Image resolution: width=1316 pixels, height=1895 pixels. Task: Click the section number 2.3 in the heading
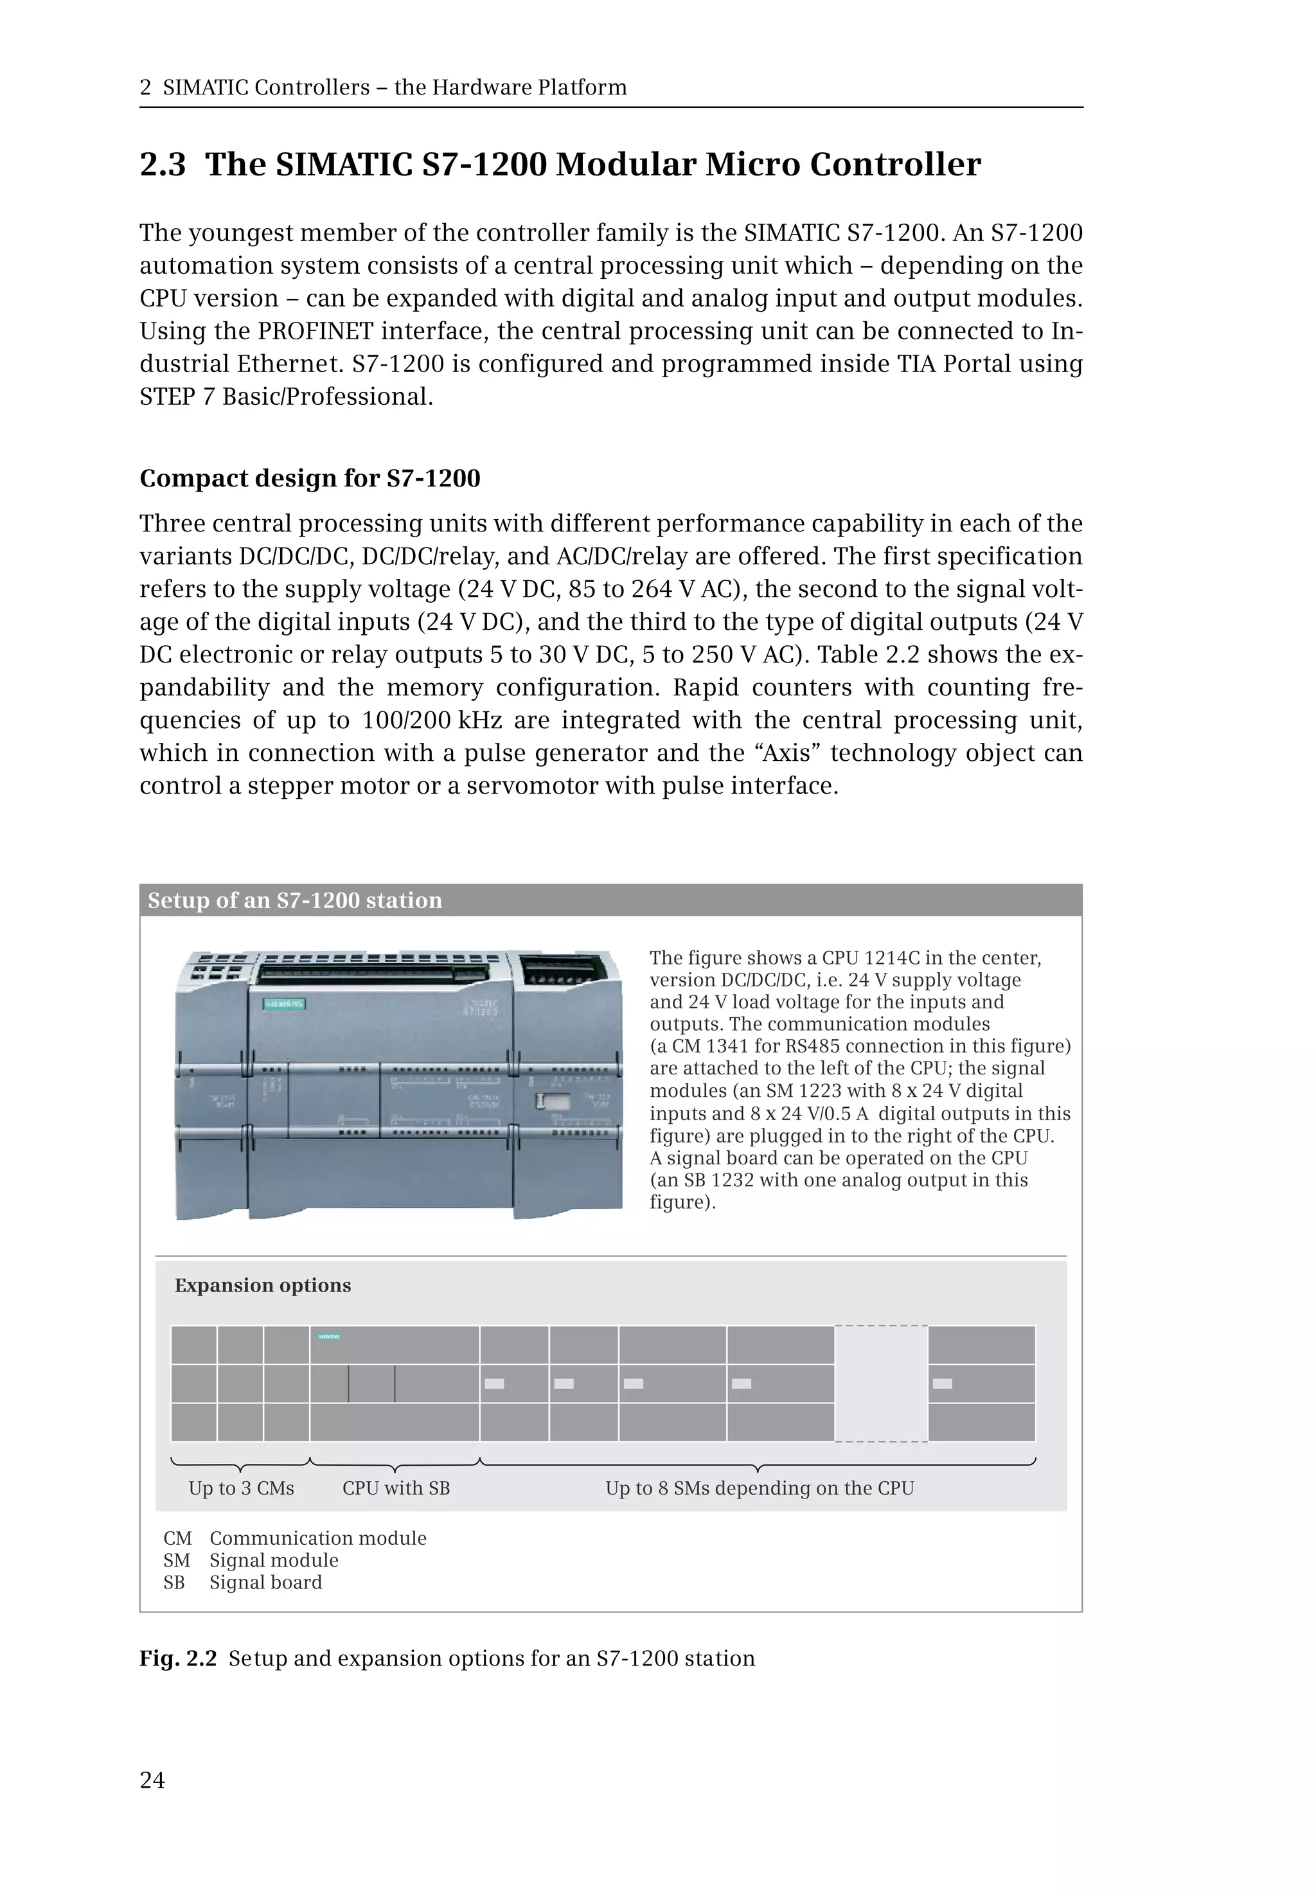(x=163, y=164)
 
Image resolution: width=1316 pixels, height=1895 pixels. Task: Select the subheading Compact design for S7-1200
(x=310, y=478)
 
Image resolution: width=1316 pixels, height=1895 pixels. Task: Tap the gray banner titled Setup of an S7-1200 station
(x=610, y=900)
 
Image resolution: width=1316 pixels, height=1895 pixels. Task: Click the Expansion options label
(x=262, y=1285)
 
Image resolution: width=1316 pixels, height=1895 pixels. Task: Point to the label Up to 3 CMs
(x=241, y=1488)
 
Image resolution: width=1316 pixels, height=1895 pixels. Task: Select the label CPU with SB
(x=396, y=1488)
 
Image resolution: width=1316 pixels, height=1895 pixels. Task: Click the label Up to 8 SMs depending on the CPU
(x=760, y=1488)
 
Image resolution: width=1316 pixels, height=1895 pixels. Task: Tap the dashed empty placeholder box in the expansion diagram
(x=880, y=1383)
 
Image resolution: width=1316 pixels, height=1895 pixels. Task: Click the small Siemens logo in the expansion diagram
(x=329, y=1337)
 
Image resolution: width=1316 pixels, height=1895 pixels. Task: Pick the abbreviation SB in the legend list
(x=174, y=1581)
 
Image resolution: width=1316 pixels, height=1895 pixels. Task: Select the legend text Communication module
(x=317, y=1538)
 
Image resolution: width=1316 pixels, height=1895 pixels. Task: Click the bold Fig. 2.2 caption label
(x=178, y=1657)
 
